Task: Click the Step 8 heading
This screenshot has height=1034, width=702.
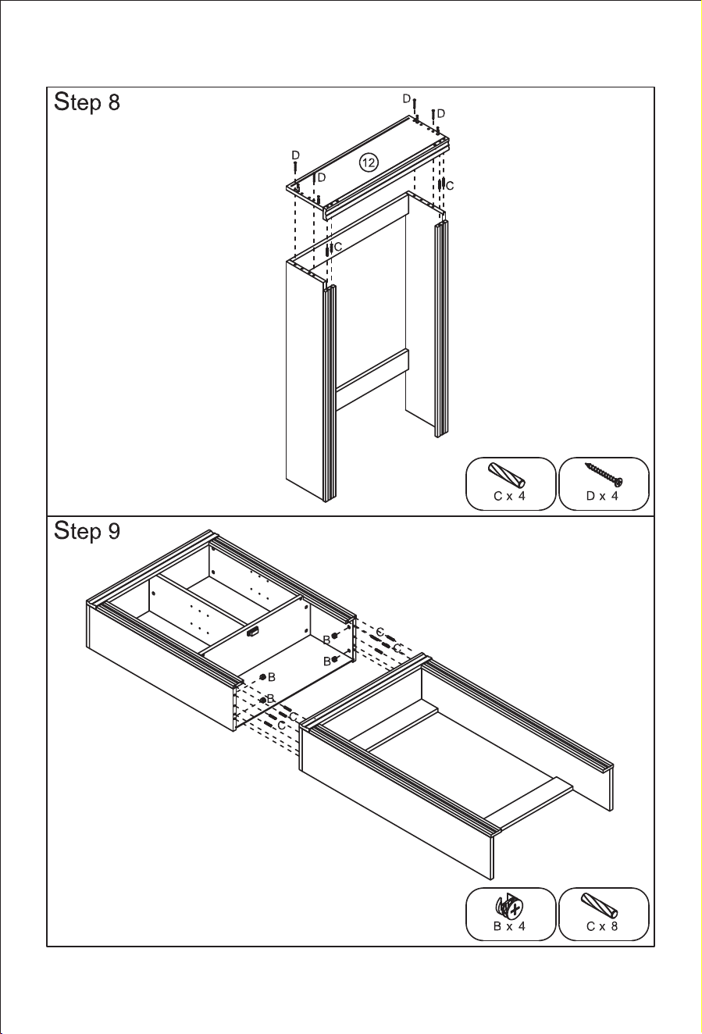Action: tap(87, 102)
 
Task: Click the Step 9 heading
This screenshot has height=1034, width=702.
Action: tap(87, 531)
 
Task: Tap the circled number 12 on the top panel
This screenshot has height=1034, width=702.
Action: tap(369, 162)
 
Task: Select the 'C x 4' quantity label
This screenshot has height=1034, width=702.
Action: tap(510, 496)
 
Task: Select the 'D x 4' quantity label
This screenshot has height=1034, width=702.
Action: tap(602, 496)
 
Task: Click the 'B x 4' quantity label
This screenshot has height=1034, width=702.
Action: tap(510, 926)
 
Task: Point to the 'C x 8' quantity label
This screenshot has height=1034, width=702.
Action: tap(602, 926)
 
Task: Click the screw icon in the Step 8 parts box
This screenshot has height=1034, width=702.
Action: tap(604, 474)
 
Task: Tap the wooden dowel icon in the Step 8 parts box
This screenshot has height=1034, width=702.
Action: tap(506, 475)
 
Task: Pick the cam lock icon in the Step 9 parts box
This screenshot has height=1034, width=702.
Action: tap(509, 905)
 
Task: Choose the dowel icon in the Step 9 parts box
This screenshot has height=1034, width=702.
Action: tap(599, 906)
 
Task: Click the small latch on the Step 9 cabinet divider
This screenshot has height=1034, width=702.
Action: tap(252, 633)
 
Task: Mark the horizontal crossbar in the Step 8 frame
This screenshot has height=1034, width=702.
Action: tap(372, 380)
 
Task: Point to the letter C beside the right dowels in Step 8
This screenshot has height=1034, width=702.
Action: tap(450, 186)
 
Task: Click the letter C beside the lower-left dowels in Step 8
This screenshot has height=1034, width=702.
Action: tap(338, 248)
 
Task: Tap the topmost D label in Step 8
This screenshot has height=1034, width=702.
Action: tap(407, 98)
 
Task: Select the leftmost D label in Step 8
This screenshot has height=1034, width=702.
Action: tap(296, 155)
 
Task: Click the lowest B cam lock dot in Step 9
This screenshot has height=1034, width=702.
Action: tap(263, 713)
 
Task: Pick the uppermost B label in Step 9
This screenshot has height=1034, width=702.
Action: tap(326, 640)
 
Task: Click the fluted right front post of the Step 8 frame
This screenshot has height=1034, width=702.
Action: tap(441, 329)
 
